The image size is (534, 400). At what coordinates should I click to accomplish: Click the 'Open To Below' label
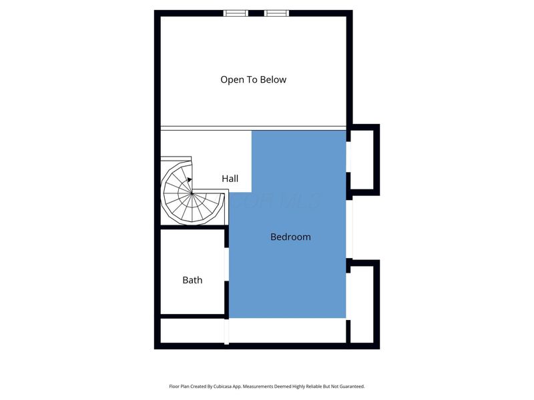[253, 79]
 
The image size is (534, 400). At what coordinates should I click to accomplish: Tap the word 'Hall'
[230, 179]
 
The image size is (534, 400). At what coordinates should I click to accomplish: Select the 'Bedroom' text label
[290, 237]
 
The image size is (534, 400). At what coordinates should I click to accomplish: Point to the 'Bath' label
[192, 280]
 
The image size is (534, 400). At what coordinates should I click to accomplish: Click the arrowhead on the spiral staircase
[190, 179]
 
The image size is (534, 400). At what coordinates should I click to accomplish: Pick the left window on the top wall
[235, 13]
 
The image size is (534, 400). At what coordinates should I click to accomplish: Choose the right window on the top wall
[276, 13]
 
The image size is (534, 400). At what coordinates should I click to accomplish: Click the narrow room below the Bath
[193, 331]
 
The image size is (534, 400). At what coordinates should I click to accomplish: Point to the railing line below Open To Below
[253, 127]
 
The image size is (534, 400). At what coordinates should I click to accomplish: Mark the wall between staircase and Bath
[193, 227]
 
